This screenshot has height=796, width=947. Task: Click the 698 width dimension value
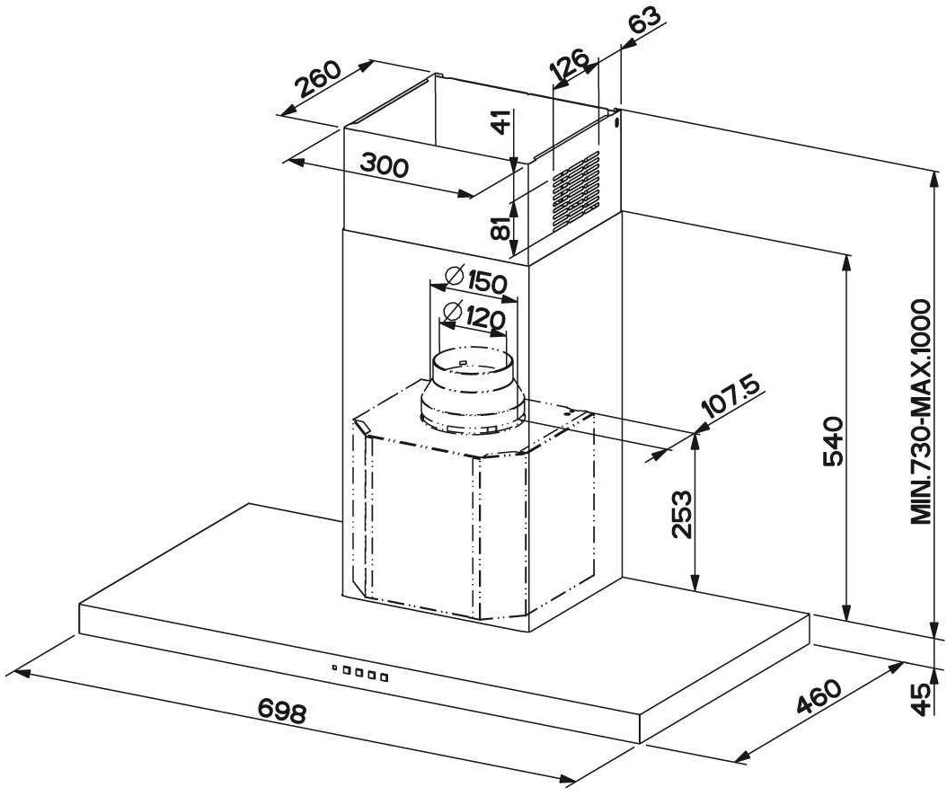tap(282, 711)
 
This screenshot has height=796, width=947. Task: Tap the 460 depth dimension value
tap(819, 696)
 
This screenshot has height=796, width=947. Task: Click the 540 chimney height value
tap(833, 441)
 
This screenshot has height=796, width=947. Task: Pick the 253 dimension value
tap(681, 514)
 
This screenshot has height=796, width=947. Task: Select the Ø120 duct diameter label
tap(473, 315)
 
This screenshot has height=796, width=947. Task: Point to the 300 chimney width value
tap(385, 164)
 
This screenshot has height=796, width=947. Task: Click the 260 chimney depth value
tap(320, 79)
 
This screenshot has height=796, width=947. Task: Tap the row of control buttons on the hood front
tap(360, 672)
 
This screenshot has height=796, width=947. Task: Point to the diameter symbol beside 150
tap(454, 275)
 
